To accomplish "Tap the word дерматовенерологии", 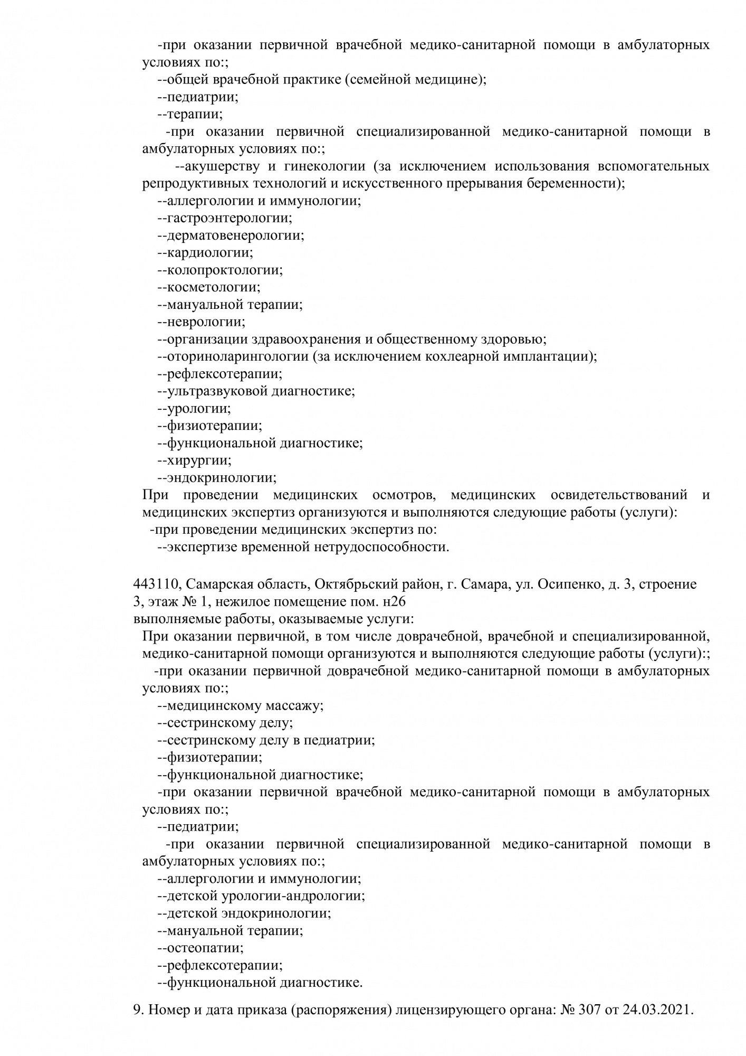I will tap(235, 235).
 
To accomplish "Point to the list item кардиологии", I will tap(209, 253).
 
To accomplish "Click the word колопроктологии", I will tap(224, 270).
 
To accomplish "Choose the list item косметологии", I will tap(213, 288).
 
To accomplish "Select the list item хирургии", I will tap(198, 460).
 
